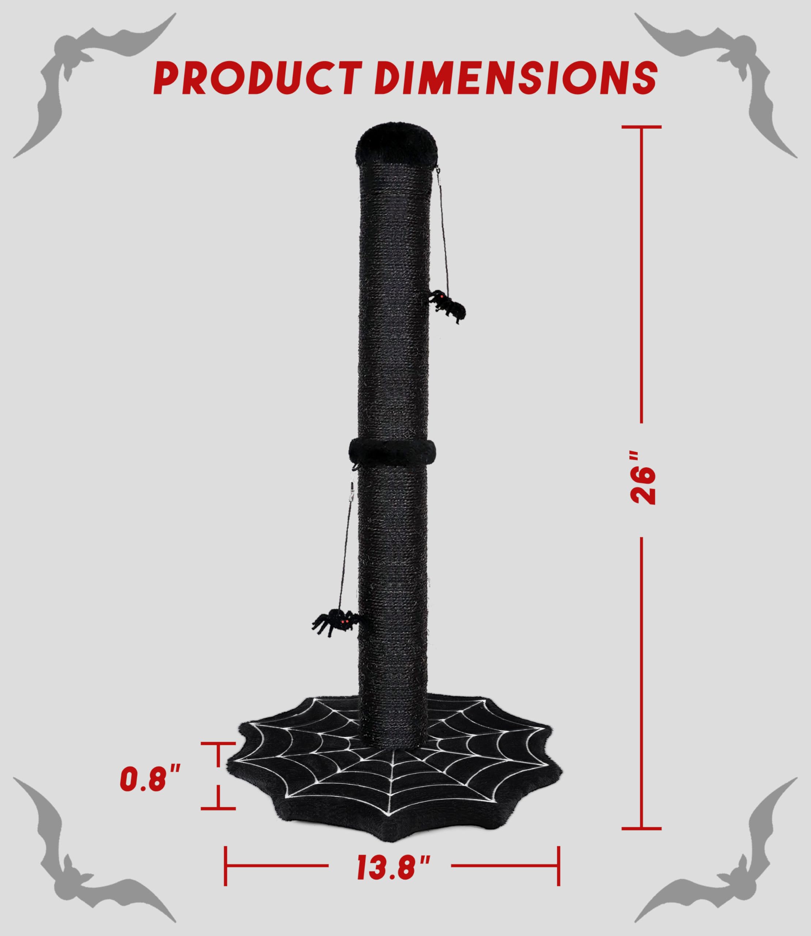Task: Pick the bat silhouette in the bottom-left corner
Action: point(82,860)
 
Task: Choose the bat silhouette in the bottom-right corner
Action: point(729,860)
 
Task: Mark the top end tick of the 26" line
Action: point(641,127)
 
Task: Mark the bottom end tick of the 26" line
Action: point(641,828)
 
